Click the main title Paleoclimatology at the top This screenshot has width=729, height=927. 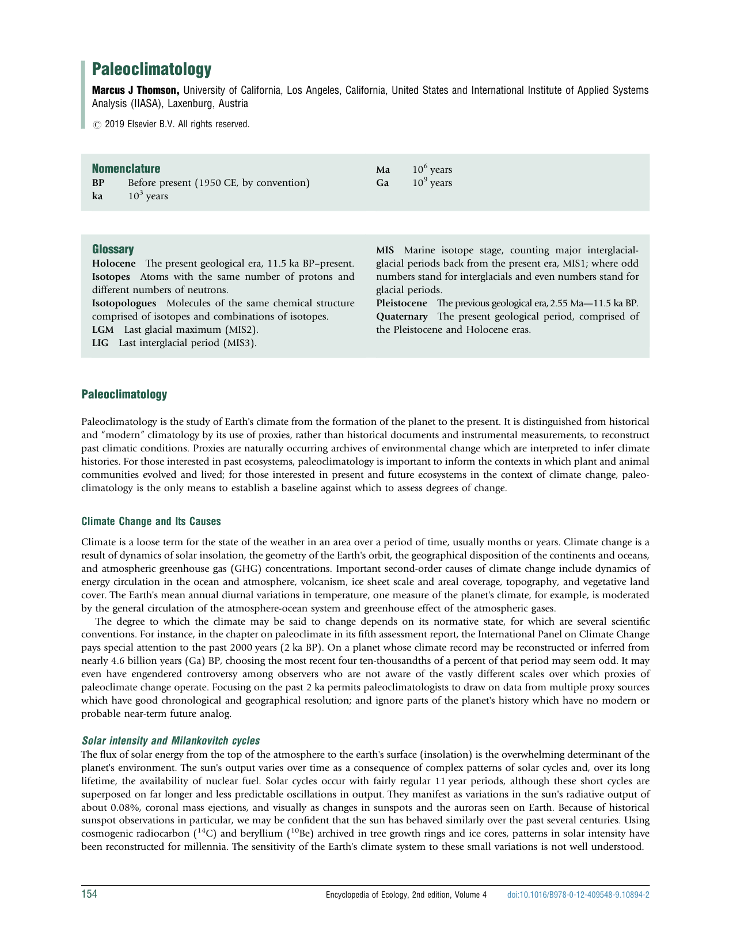pos(151,70)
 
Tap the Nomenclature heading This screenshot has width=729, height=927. pos(126,169)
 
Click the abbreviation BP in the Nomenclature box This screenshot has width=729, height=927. pos(98,183)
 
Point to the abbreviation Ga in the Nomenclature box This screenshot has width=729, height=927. pos(382,183)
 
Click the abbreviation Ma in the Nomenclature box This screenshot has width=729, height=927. pos(383,170)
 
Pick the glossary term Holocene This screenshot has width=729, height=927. pos(114,264)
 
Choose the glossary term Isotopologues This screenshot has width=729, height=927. pos(124,303)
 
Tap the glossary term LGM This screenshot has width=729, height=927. pos(102,330)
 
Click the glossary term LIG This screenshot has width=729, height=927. pos(100,343)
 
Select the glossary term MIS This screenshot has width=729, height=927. pos(385,250)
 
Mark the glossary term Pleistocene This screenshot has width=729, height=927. pos(401,303)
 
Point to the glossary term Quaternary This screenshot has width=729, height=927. pos(402,317)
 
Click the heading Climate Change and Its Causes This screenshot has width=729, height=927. pos(151,522)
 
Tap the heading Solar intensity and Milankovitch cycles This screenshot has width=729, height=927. pos(170,741)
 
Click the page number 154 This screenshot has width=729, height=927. pos(89,894)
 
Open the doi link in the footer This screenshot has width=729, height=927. pos(578,895)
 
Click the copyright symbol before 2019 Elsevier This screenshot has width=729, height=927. pos(96,124)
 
